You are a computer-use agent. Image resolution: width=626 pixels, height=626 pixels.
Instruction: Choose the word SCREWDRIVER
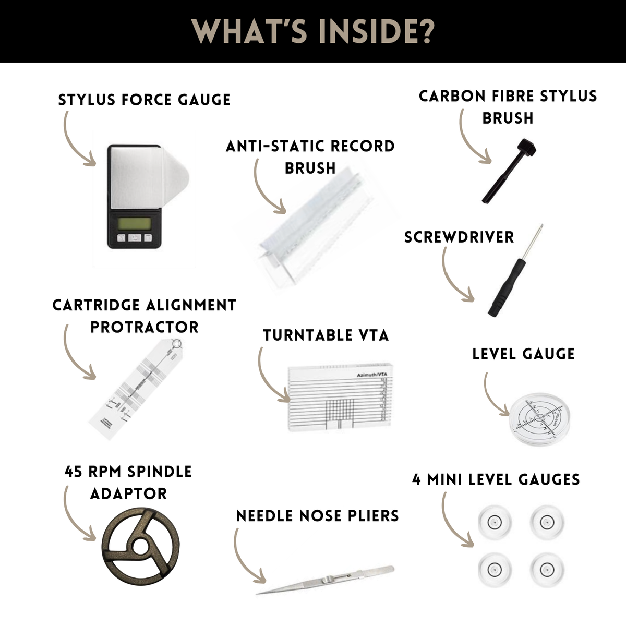(x=459, y=237)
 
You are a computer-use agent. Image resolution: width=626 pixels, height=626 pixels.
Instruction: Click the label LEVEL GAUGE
(x=523, y=354)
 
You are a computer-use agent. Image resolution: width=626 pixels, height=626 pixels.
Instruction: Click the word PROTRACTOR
(x=145, y=327)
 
